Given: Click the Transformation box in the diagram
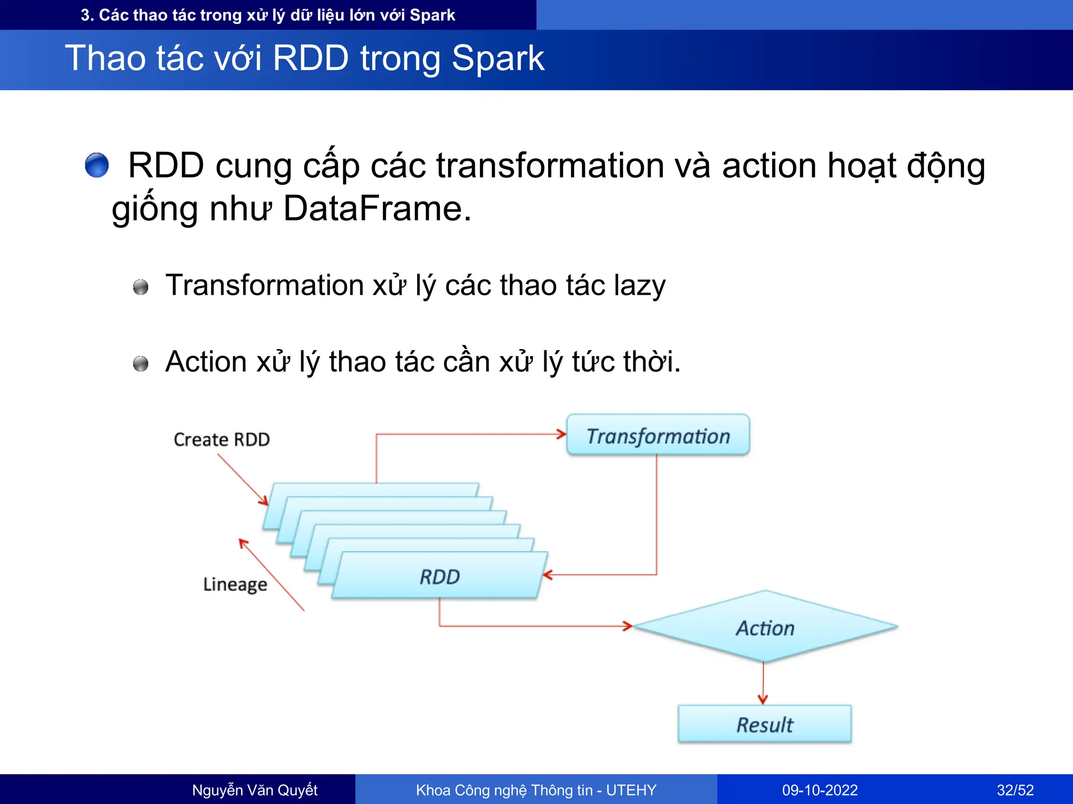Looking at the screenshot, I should pyautogui.click(x=658, y=435).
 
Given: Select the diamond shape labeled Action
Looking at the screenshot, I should pyautogui.click(x=765, y=627).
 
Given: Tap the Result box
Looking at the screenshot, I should pyautogui.click(x=764, y=724).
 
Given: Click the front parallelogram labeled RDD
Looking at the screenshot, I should pyautogui.click(x=439, y=576).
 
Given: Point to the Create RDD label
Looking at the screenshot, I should pyautogui.click(x=222, y=439).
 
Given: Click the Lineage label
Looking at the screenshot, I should pyautogui.click(x=235, y=584).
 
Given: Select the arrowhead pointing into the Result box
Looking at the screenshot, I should pyautogui.click(x=763, y=699).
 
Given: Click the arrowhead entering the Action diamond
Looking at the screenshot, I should pyautogui.click(x=628, y=626).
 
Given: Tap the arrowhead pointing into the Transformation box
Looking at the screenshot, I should pyautogui.click(x=561, y=434).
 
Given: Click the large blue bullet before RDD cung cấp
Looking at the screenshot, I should pyautogui.click(x=97, y=165).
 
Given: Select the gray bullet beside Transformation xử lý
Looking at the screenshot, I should pyautogui.click(x=140, y=287).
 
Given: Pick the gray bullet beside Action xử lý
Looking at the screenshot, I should pyautogui.click(x=140, y=363).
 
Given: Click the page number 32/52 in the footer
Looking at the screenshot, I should pyautogui.click(x=1015, y=790).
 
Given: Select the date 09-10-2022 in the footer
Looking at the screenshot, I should pyautogui.click(x=819, y=790).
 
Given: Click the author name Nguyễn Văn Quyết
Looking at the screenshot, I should pyautogui.click(x=255, y=790).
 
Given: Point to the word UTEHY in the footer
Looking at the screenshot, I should pyautogui.click(x=631, y=790).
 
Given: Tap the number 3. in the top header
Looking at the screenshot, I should pyautogui.click(x=87, y=15).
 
